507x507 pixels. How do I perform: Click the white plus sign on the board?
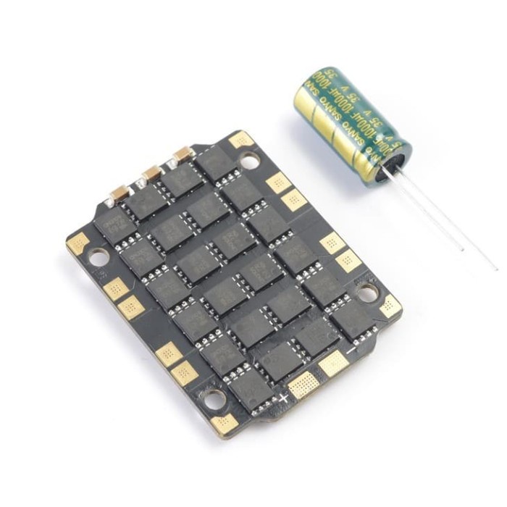click(284, 398)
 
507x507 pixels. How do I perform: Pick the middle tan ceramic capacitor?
click(151, 173)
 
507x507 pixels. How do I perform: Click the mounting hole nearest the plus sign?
click(212, 397)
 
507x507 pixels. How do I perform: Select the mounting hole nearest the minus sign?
click(368, 293)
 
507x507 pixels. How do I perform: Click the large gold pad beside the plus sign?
click(303, 384)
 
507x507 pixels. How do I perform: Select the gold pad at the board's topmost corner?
click(240, 139)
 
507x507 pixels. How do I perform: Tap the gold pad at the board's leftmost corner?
click(77, 243)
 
